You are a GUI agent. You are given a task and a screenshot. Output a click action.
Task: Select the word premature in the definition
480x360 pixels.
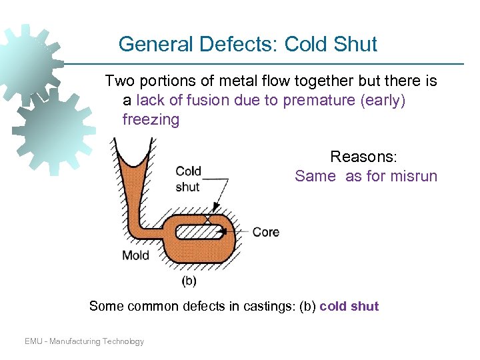[317, 101]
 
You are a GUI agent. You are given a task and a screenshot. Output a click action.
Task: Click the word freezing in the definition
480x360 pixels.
[151, 120]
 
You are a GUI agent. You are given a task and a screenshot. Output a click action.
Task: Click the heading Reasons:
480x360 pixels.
[363, 157]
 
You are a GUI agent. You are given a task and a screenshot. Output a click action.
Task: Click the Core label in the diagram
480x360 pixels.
[265, 232]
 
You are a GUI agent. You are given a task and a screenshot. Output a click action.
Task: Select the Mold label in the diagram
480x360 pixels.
[136, 255]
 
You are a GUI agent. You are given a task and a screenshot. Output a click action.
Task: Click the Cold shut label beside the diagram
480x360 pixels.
[188, 179]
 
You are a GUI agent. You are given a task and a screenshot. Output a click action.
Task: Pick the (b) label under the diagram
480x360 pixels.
[189, 281]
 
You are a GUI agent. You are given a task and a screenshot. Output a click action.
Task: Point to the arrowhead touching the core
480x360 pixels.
[224, 232]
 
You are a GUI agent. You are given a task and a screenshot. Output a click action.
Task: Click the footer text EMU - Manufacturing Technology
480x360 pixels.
[84, 341]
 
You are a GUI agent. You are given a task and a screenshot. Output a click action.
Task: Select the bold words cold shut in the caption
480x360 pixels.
[349, 307]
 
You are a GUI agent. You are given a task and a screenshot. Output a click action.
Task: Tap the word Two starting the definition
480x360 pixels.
[121, 81]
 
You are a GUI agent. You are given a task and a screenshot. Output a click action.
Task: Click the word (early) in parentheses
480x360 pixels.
[385, 101]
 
